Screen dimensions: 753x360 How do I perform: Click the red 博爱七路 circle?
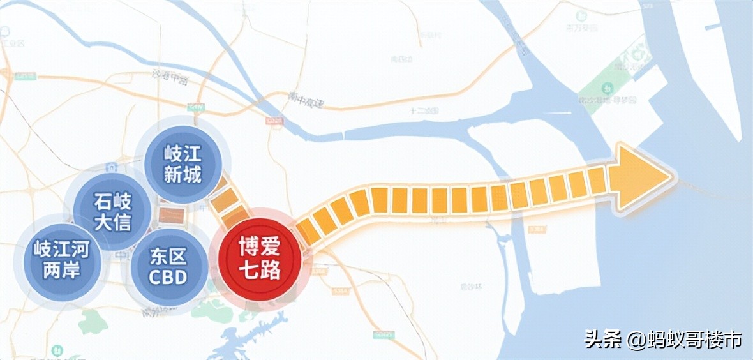point(259,258)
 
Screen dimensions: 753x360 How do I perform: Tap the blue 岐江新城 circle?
point(183,164)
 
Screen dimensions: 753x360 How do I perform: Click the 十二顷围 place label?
point(422,110)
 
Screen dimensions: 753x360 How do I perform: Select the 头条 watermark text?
point(602,339)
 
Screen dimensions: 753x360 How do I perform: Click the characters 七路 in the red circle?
point(259,270)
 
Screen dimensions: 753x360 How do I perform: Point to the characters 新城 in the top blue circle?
point(183,175)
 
